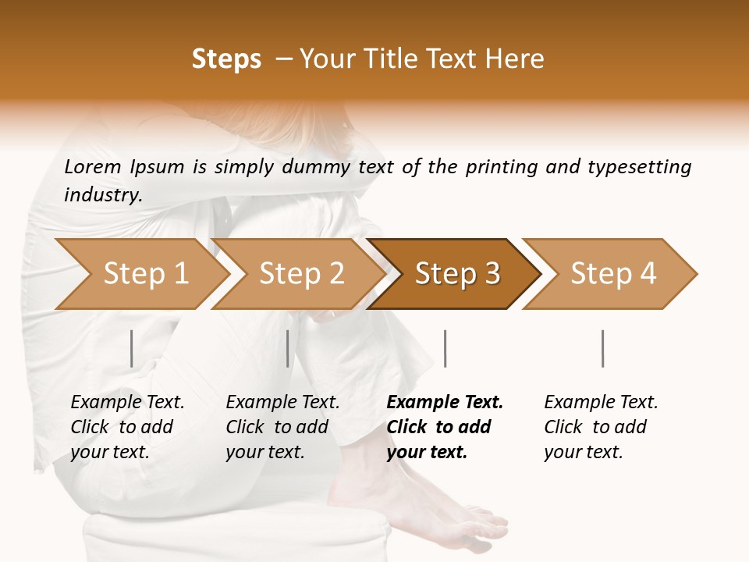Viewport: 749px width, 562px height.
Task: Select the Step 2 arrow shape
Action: pos(300,274)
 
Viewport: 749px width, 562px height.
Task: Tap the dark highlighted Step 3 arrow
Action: pos(456,274)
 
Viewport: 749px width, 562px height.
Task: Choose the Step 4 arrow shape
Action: pos(612,274)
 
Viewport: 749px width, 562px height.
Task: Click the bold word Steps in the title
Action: pos(226,59)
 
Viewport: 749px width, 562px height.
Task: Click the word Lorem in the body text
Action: pos(92,167)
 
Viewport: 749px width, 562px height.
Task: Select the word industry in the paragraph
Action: pos(102,195)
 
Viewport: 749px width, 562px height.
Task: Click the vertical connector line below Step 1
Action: pos(132,348)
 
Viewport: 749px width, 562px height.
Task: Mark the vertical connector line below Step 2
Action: pos(288,348)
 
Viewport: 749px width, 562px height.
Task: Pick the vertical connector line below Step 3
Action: pos(445,348)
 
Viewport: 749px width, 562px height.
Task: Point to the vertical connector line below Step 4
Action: pos(603,348)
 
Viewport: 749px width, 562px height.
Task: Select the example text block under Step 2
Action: pos(282,427)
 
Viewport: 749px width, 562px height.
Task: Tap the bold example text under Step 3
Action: pos(443,427)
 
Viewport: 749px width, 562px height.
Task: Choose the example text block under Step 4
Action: pos(600,427)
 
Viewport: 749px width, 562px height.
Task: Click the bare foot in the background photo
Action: pos(414,500)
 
